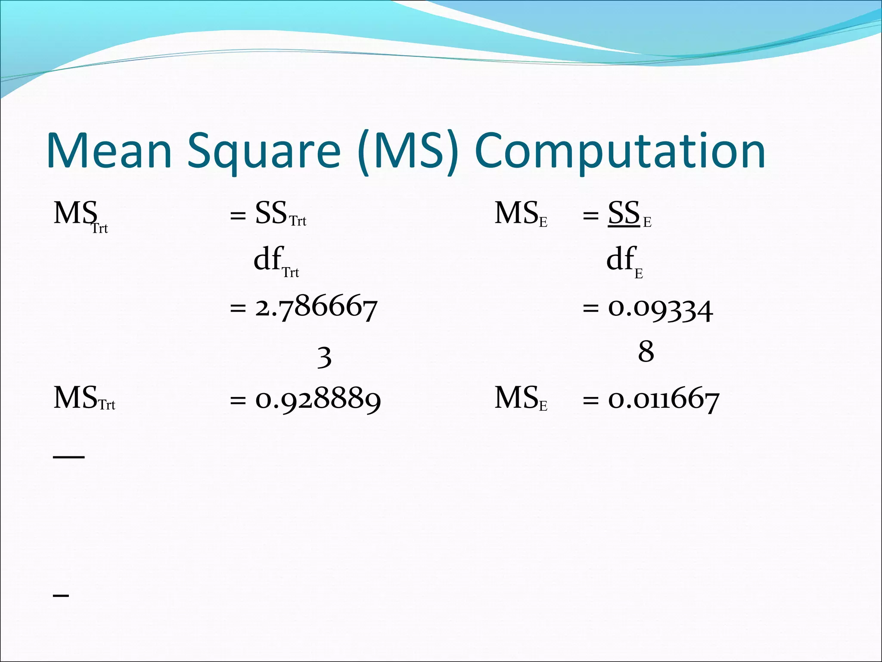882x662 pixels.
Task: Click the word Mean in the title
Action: pos(110,151)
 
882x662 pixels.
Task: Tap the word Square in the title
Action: pos(264,151)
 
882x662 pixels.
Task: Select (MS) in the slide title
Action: pos(407,151)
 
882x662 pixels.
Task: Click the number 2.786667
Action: pos(316,308)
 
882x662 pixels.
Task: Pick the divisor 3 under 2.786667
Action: pos(324,357)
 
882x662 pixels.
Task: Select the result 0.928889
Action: pos(318,399)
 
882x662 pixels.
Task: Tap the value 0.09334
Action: pos(660,309)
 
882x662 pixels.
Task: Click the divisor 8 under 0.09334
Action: pos(646,351)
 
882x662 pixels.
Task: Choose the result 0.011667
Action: pos(663,399)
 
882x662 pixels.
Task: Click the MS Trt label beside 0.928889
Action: pos(84,398)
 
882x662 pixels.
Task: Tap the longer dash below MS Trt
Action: pos(69,456)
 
